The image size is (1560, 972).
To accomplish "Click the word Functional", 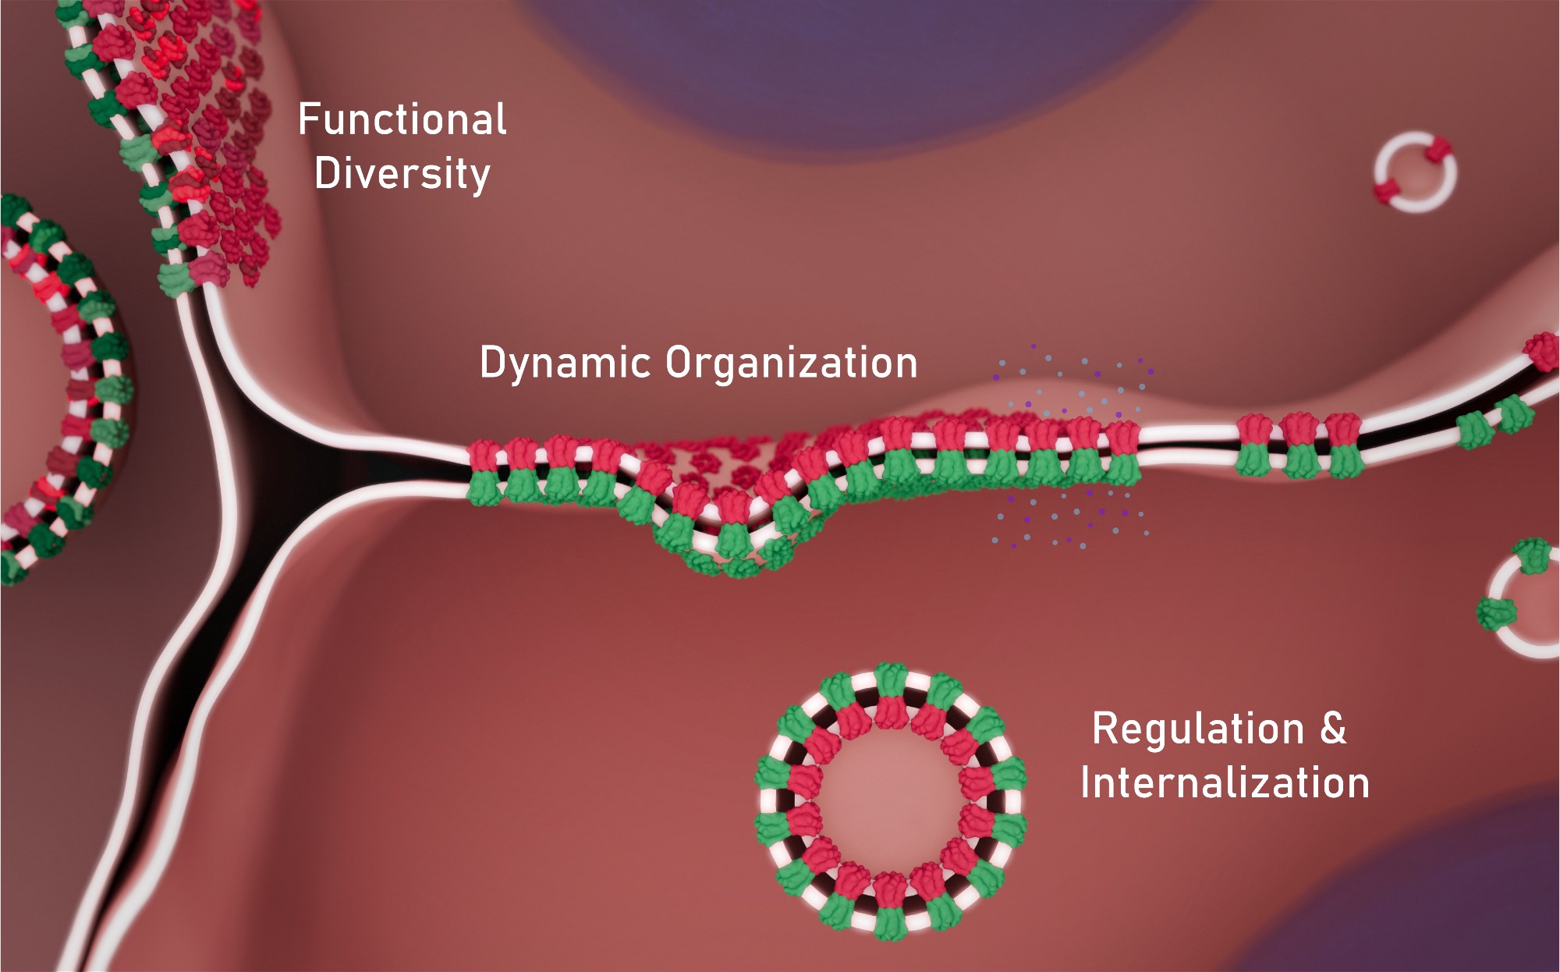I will coord(402,120).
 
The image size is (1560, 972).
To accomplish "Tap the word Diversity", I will coord(402,173).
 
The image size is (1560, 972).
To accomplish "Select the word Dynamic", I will coord(565,363).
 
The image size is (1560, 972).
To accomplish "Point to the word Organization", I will coord(791,363).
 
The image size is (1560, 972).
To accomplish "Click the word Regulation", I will coord(1198,729).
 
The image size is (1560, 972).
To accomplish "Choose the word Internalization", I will coord(1225,782).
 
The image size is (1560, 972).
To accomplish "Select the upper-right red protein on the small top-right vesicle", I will coord(1438,150).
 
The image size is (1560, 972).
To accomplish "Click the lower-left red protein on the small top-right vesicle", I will coord(1387,190).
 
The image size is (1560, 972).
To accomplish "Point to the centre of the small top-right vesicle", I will coord(1415,172).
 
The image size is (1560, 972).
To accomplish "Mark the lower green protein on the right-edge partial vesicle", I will coord(1495,612).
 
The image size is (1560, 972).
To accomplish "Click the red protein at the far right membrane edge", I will coord(1543,351).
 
